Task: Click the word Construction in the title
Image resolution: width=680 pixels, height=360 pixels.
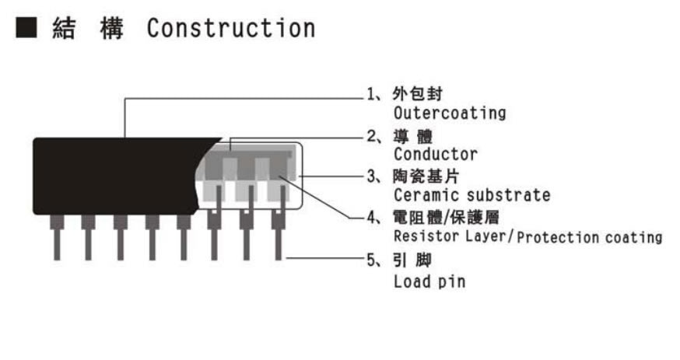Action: tap(231, 29)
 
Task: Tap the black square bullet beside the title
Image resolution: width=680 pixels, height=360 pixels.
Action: tap(26, 27)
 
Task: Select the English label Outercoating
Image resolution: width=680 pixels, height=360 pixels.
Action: tap(450, 113)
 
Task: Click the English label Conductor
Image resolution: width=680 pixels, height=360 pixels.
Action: tap(436, 154)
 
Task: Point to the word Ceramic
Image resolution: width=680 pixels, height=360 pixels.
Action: tap(427, 195)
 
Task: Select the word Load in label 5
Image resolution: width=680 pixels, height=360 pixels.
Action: tap(413, 281)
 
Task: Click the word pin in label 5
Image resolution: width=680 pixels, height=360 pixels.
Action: tap(451, 283)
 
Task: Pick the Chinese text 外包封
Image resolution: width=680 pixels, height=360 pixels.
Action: tap(418, 93)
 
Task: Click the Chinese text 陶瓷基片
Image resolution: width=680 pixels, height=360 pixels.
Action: tap(426, 177)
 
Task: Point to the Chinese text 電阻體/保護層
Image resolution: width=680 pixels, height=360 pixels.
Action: tap(446, 218)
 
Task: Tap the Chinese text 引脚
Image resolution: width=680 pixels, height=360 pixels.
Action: tap(412, 260)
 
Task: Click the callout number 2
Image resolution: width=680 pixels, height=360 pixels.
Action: tap(372, 137)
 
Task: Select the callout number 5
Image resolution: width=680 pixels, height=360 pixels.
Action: tap(372, 260)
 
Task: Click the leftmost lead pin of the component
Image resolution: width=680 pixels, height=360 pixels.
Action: tap(57, 237)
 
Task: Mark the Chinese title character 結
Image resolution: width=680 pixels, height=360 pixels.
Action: tap(64, 29)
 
